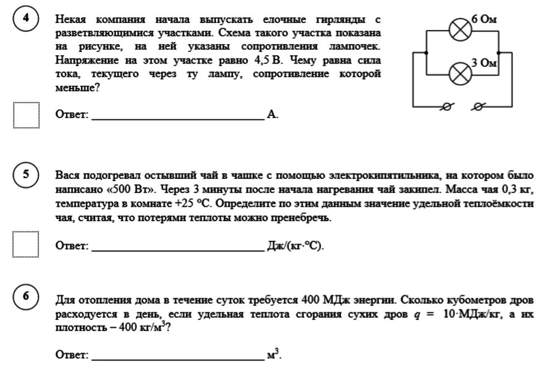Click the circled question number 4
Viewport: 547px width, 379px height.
25,19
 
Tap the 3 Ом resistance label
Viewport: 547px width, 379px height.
483,63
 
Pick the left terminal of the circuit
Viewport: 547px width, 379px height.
445,107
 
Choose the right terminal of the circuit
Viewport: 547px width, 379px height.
478,107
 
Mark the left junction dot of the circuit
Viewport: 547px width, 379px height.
426,52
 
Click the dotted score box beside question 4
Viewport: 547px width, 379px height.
26,115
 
